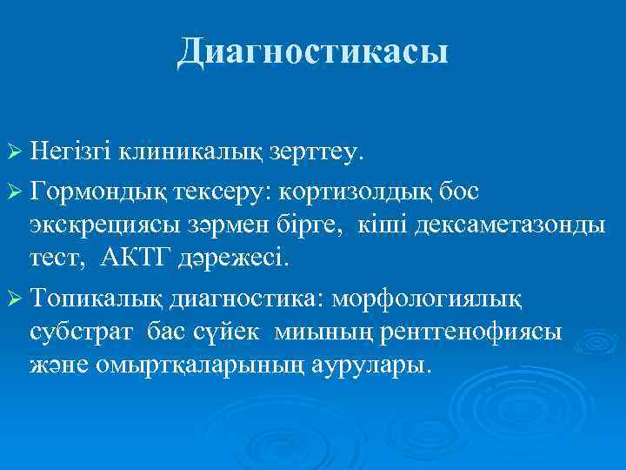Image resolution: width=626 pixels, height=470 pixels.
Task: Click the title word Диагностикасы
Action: (x=313, y=52)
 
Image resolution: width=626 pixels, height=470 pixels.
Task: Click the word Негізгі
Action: (x=72, y=153)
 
